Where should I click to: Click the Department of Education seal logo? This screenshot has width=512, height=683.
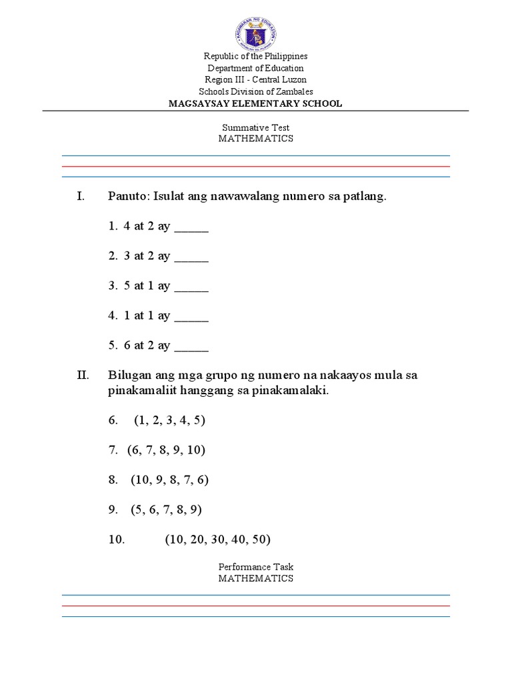(x=256, y=29)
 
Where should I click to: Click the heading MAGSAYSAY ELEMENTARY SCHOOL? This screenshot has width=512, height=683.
(x=256, y=103)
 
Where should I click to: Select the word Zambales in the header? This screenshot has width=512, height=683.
(x=294, y=91)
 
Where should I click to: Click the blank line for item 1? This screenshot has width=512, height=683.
(x=192, y=227)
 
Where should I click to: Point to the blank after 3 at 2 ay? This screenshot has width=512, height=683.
(x=192, y=257)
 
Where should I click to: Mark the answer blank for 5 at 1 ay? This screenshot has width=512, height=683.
(x=192, y=287)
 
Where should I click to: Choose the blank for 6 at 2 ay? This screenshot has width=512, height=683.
(x=192, y=346)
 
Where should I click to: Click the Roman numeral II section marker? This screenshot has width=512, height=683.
(x=83, y=376)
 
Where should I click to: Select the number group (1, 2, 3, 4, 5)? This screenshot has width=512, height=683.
(x=169, y=421)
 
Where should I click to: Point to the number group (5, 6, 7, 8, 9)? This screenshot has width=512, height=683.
(x=166, y=510)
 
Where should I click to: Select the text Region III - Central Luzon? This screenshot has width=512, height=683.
(x=256, y=79)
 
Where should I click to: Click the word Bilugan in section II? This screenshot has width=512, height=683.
(x=130, y=376)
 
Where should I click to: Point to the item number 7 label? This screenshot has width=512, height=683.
(x=113, y=451)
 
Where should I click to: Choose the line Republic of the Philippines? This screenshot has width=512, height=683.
(x=256, y=56)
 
